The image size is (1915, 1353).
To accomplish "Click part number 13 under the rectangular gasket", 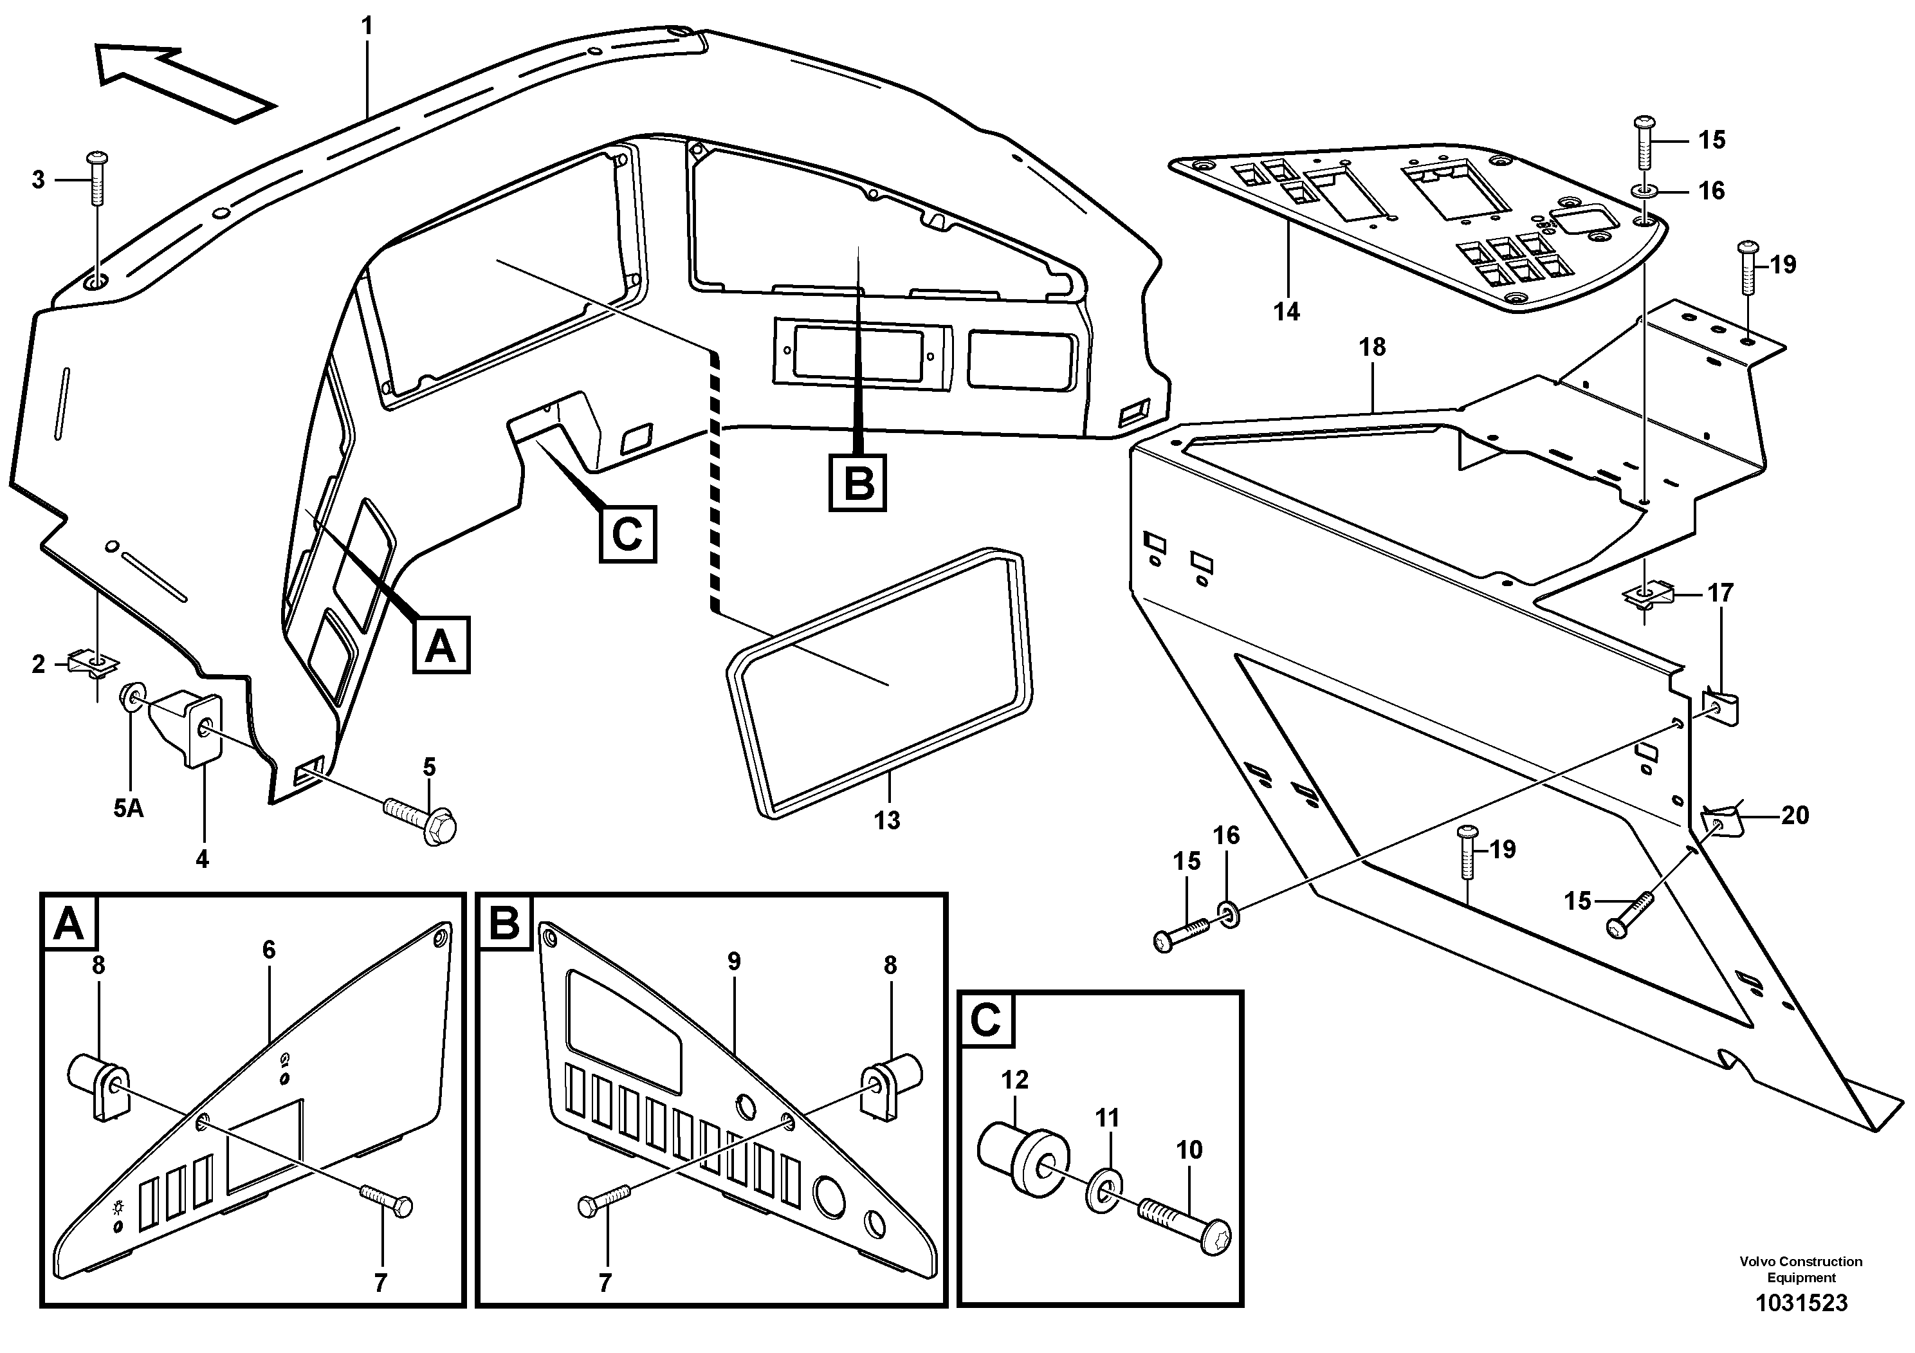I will tap(886, 820).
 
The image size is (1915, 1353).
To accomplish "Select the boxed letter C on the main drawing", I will tap(627, 534).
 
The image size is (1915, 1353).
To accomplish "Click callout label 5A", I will tap(129, 807).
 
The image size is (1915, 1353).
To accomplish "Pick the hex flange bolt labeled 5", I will tap(421, 818).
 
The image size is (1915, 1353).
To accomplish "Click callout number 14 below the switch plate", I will tap(1287, 312).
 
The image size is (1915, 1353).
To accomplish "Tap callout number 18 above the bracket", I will tap(1373, 347).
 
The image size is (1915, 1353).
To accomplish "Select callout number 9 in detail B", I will tap(733, 962).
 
